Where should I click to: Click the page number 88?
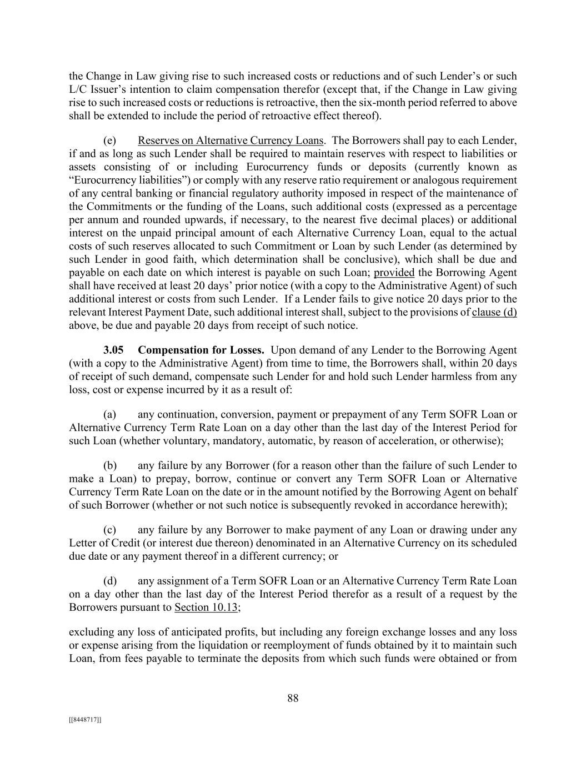click(x=293, y=699)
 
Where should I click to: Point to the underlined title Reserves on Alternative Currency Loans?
click(x=231, y=140)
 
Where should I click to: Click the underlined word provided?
click(x=394, y=273)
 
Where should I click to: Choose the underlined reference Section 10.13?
click(x=206, y=608)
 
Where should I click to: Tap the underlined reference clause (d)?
click(x=494, y=312)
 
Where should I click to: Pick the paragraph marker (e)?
click(x=109, y=140)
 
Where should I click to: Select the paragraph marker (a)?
click(x=109, y=415)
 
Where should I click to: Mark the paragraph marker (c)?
click(x=109, y=530)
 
